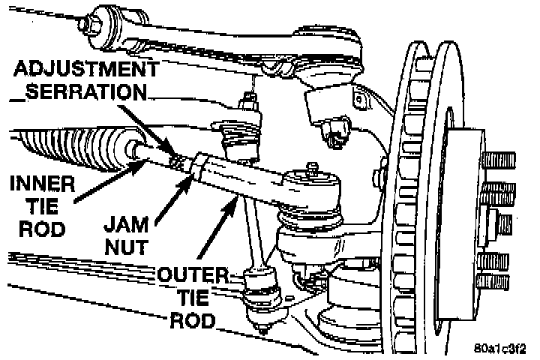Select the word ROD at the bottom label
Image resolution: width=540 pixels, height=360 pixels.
(193, 321)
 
